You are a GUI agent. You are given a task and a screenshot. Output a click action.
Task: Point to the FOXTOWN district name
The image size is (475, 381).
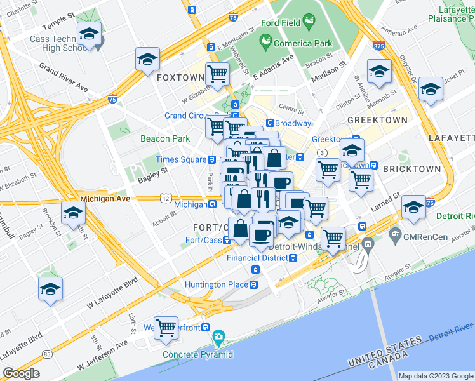click(x=180, y=77)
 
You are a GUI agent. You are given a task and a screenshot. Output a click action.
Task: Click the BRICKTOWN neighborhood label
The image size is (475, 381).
click(x=411, y=169)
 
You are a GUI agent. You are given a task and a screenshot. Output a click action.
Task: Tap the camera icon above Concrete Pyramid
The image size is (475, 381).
click(x=218, y=337)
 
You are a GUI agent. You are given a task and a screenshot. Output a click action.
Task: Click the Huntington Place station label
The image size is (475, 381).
click(x=217, y=284)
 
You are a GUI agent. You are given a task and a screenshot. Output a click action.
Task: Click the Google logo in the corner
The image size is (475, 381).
click(x=21, y=373)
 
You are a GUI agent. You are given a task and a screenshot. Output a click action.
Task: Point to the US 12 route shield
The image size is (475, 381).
click(x=165, y=199)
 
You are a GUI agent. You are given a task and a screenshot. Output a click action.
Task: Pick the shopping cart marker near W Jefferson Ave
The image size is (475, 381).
click(x=166, y=328)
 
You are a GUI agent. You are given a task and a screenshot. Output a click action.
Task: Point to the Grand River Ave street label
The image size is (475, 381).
click(x=63, y=77)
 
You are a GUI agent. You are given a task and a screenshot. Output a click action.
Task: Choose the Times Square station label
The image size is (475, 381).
click(x=180, y=159)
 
